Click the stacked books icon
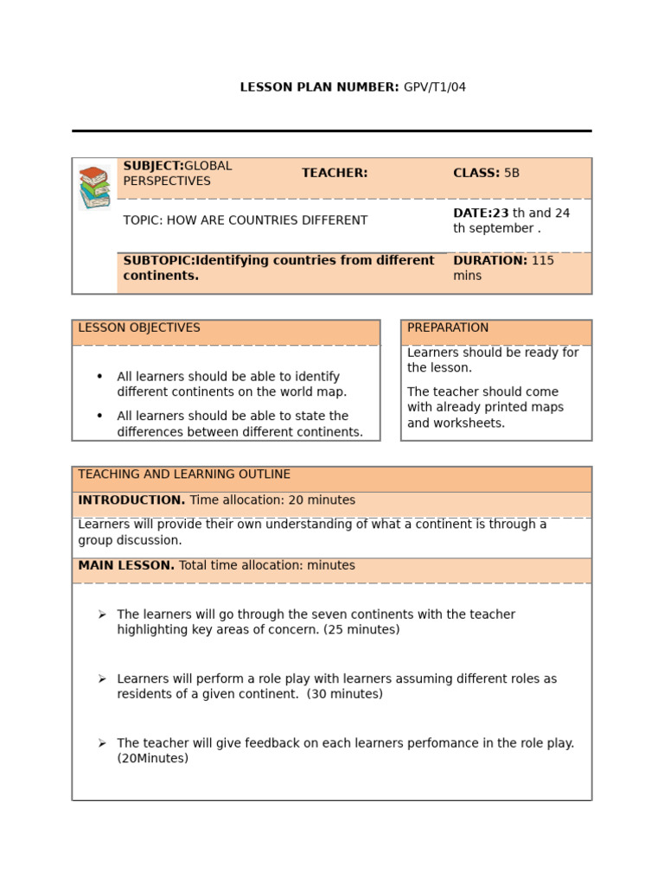94,187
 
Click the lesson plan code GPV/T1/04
435,87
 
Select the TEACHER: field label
335,173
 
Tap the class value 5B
512,173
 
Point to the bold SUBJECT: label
153,166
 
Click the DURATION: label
490,260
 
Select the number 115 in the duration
543,260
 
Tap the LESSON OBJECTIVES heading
139,328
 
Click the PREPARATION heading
448,328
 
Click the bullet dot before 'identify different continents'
99,377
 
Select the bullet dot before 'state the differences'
99,416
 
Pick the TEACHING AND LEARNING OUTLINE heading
184,474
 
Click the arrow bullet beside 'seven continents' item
102,614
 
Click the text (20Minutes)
153,759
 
